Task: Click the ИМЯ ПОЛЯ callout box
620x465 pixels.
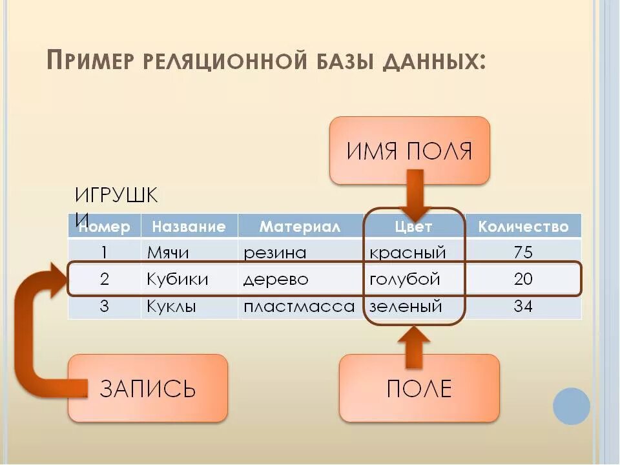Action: click(409, 151)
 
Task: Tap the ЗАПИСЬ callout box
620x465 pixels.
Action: click(148, 388)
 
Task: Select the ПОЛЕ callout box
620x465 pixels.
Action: click(419, 388)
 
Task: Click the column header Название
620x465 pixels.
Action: click(189, 227)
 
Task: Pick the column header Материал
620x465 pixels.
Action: click(300, 227)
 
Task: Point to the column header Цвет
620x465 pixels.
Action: click(413, 227)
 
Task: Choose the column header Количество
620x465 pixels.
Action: click(523, 227)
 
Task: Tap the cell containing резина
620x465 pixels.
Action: click(274, 252)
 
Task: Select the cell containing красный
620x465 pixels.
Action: click(408, 252)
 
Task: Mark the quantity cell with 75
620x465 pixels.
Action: click(523, 252)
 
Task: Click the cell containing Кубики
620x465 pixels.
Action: click(178, 279)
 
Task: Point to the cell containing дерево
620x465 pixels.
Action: click(276, 279)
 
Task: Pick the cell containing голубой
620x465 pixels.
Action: click(405, 279)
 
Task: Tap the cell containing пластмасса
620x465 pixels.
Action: click(299, 306)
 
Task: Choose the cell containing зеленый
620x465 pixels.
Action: click(406, 306)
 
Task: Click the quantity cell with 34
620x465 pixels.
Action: click(523, 306)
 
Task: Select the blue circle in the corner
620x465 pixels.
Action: click(572, 406)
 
